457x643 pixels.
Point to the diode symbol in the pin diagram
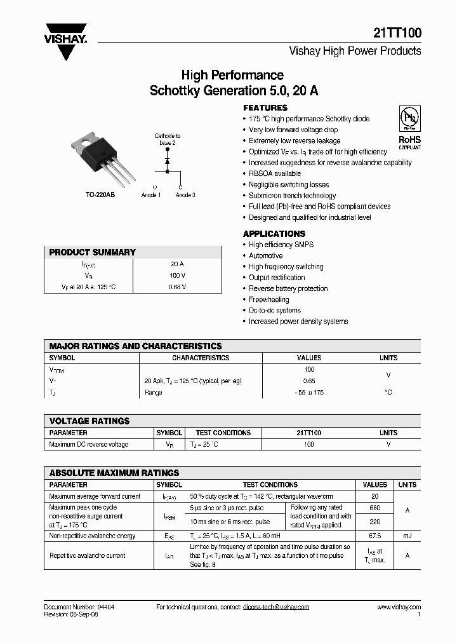point(168,162)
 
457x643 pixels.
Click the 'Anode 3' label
point(185,195)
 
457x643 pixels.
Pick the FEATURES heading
point(265,107)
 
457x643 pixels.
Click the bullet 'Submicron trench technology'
point(292,196)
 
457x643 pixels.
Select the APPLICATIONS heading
point(274,234)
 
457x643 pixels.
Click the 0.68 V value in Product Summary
point(178,287)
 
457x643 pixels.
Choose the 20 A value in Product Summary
point(178,264)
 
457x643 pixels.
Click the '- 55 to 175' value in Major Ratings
point(309,393)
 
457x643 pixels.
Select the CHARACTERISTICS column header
point(201,358)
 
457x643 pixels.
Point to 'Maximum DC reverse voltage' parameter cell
point(88,444)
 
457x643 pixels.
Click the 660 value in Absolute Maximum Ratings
point(374,508)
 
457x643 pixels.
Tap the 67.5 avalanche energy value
point(374,536)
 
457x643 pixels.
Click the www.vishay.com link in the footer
point(399,607)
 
